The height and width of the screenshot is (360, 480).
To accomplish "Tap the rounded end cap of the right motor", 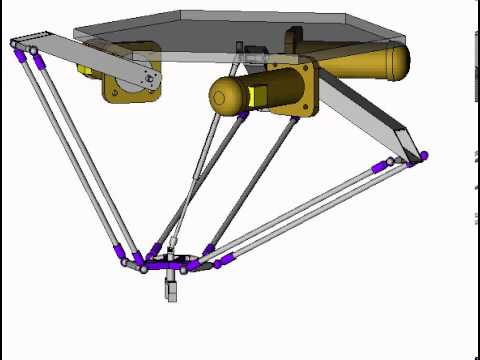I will (398, 61).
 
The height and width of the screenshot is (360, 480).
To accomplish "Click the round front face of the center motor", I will (226, 97).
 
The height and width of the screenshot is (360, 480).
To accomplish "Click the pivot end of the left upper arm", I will (148, 78).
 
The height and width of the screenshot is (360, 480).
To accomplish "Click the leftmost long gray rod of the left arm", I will (70, 150).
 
